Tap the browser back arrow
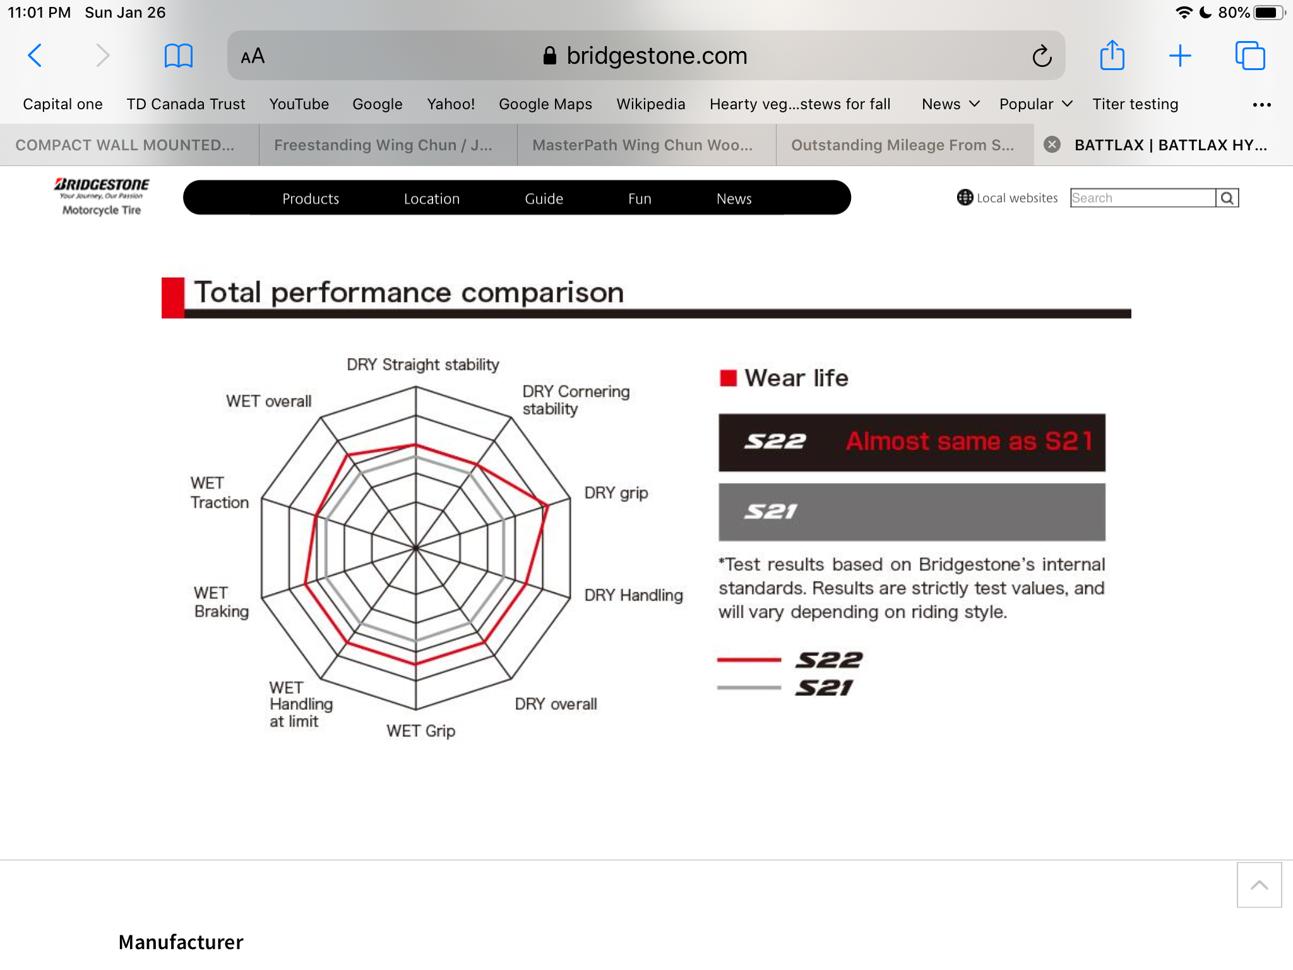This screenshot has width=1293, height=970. (35, 56)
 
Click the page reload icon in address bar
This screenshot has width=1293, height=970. (1042, 56)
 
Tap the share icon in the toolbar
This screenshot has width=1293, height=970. (1112, 56)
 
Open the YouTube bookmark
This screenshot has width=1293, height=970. (299, 104)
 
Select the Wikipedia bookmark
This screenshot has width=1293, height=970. (650, 104)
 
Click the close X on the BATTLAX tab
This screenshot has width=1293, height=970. (1052, 145)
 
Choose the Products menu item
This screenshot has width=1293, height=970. (311, 198)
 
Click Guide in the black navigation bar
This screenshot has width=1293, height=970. (544, 198)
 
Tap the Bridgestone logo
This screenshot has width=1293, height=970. (102, 196)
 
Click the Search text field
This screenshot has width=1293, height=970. (1143, 198)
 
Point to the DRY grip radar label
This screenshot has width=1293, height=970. (616, 493)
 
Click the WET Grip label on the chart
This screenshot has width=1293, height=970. (420, 731)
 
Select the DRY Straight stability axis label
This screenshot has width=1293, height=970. (422, 364)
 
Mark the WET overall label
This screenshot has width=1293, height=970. (268, 401)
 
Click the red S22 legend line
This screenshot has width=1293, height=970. (749, 660)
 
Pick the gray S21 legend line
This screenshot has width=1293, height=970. (749, 688)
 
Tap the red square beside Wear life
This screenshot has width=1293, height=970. (728, 378)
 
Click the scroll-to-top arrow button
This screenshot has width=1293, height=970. (1259, 885)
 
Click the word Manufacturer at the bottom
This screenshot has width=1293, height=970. (181, 942)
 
